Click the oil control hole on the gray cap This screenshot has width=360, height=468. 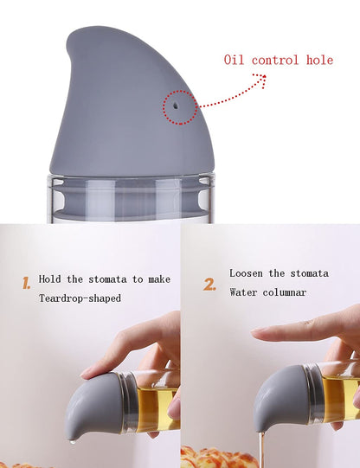(175, 103)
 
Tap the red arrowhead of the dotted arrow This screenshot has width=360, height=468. (259, 77)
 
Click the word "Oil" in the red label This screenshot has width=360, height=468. (234, 60)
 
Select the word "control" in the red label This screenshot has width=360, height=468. (275, 60)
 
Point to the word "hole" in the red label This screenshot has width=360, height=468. (318, 60)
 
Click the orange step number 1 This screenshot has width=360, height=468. (26, 282)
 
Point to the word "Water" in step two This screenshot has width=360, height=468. (244, 292)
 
